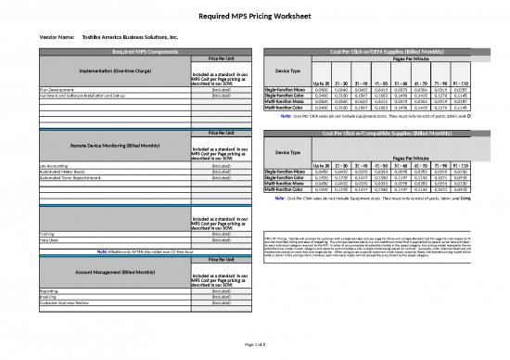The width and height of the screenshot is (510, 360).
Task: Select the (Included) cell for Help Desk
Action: point(222,241)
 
